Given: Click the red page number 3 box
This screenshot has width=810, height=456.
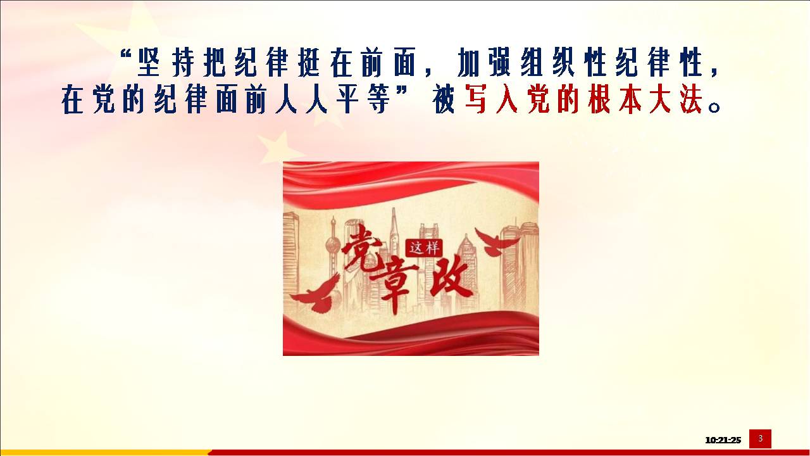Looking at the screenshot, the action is (760, 439).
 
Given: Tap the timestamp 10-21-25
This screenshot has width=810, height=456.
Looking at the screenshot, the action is (723, 440).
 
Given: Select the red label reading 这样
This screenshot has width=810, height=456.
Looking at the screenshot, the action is (424, 248).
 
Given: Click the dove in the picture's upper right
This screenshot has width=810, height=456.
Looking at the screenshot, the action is (497, 242).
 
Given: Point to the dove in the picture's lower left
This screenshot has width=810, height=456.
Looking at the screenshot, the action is (316, 294).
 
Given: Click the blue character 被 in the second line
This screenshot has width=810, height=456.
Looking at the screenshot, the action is (444, 99).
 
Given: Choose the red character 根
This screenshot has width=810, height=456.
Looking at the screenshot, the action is (599, 99).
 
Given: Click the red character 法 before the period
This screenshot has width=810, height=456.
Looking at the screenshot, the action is (691, 99).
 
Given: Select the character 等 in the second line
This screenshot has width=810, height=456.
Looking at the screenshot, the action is (378, 99).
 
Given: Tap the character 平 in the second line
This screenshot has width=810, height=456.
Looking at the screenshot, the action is (348, 99).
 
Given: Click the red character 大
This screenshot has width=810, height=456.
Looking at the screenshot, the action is (660, 99).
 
